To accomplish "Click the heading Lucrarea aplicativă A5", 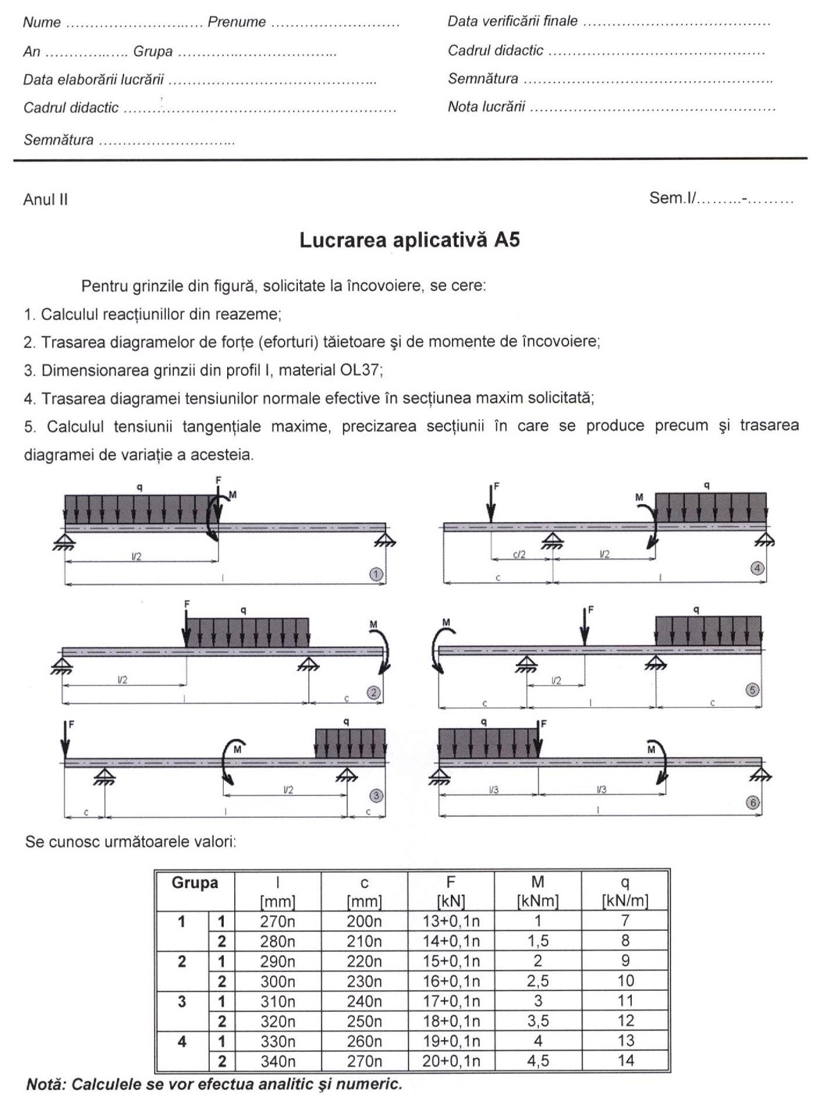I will [x=409, y=240].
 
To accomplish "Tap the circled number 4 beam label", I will [x=757, y=568].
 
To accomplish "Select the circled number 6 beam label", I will [x=753, y=803].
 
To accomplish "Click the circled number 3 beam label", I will [x=376, y=796].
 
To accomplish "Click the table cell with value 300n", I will [x=277, y=981].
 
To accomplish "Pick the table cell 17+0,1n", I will [x=451, y=1001].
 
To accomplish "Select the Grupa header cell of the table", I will [x=195, y=883].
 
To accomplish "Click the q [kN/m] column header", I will [x=625, y=891].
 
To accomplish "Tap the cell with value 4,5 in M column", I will [x=537, y=1061].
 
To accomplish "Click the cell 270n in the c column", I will [x=364, y=1061].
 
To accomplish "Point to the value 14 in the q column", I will [x=625, y=1060].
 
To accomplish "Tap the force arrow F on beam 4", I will [x=490, y=503].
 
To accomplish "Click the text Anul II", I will [x=46, y=200].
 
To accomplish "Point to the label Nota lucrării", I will [x=486, y=107].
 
